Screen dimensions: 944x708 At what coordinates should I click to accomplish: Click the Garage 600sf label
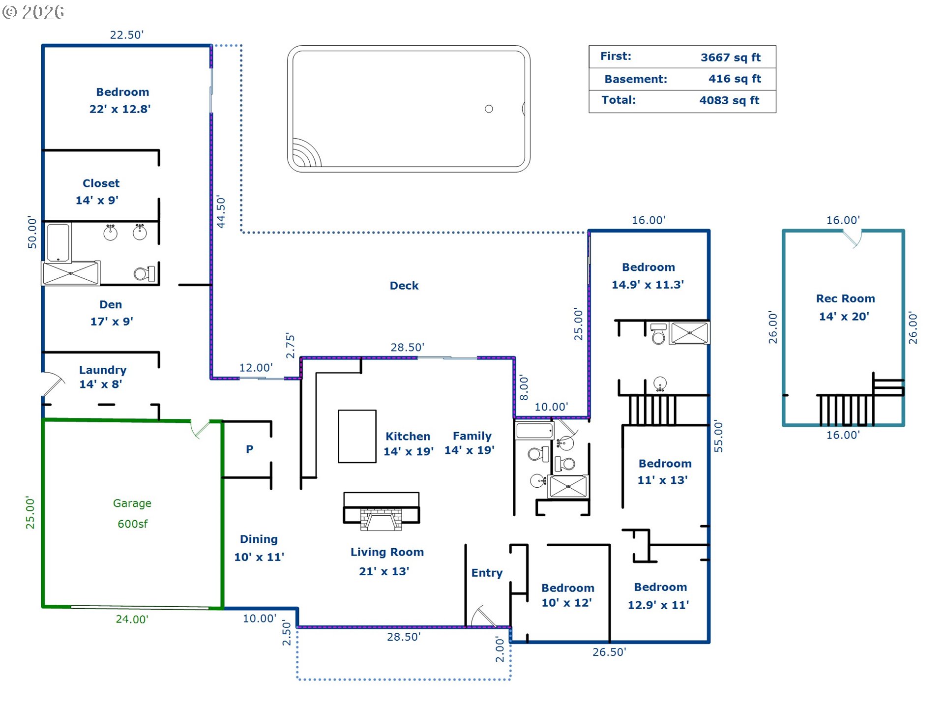(x=132, y=513)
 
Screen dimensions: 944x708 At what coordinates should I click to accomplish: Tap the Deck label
(x=404, y=286)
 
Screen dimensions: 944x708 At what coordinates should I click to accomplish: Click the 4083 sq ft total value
(x=729, y=100)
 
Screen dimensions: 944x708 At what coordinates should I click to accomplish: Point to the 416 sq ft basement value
(x=735, y=79)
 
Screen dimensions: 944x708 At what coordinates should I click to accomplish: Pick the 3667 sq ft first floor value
(x=731, y=58)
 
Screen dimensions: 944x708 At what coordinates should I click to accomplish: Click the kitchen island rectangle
(x=357, y=437)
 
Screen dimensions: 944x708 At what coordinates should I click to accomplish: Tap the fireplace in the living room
(x=381, y=511)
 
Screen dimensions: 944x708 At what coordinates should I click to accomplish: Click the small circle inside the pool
(x=489, y=109)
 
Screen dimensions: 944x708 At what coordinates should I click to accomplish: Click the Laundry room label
(x=103, y=377)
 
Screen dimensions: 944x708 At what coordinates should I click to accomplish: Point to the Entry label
(x=487, y=573)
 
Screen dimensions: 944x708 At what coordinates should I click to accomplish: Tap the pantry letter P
(x=250, y=449)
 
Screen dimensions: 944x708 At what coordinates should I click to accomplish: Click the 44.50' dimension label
(x=221, y=212)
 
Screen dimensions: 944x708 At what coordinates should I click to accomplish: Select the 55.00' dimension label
(x=718, y=436)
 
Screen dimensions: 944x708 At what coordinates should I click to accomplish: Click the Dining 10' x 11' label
(x=259, y=548)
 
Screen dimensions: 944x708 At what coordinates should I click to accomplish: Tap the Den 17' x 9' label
(x=111, y=313)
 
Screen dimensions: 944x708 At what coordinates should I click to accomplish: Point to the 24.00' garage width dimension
(x=132, y=619)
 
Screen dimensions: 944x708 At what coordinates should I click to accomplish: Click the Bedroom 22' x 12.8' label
(x=120, y=100)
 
